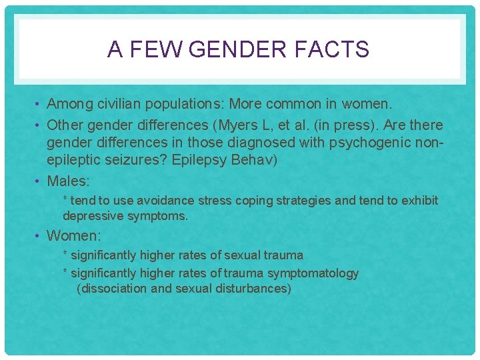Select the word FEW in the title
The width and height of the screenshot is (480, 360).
coord(151,49)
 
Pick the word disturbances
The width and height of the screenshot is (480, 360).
coord(251,289)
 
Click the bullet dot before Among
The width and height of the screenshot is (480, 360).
coord(39,105)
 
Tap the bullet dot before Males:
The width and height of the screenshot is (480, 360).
coord(39,181)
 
